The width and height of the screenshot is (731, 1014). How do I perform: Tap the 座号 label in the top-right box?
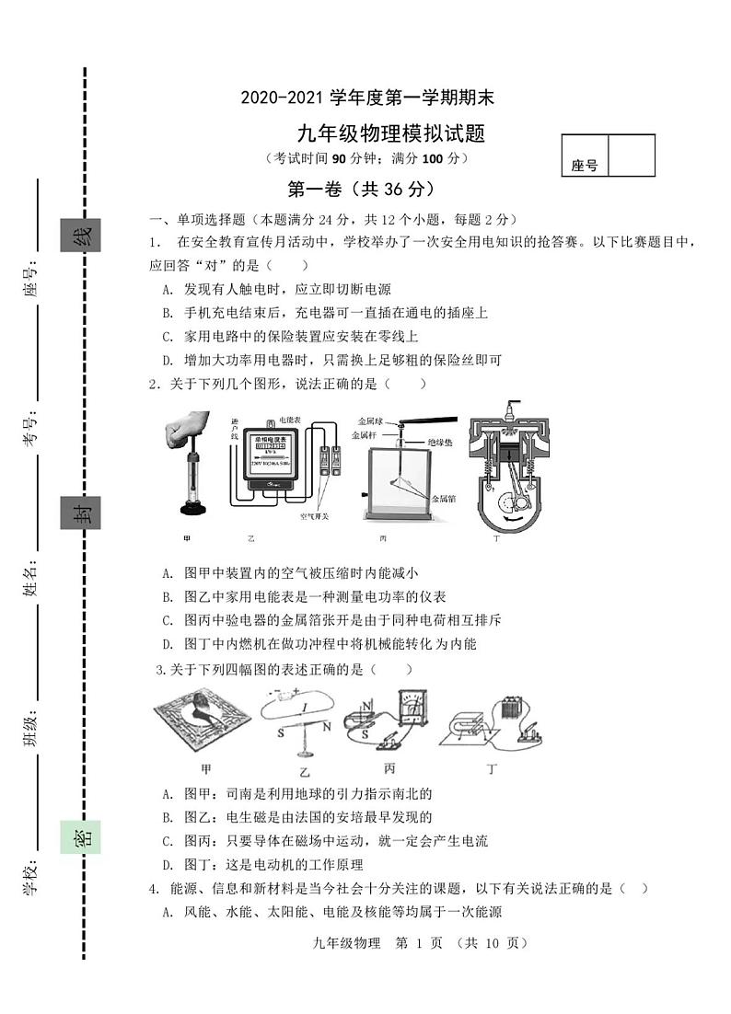[x=584, y=166]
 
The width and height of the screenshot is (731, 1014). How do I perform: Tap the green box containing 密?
[x=81, y=836]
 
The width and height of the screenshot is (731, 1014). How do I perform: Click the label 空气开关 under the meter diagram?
[x=314, y=516]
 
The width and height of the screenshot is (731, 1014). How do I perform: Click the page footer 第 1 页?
[x=419, y=942]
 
